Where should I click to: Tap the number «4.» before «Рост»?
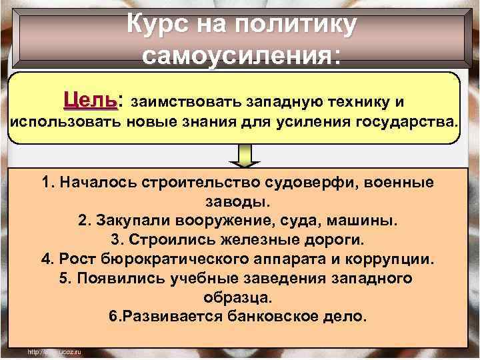(x=47, y=259)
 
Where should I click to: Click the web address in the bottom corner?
(x=54, y=351)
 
